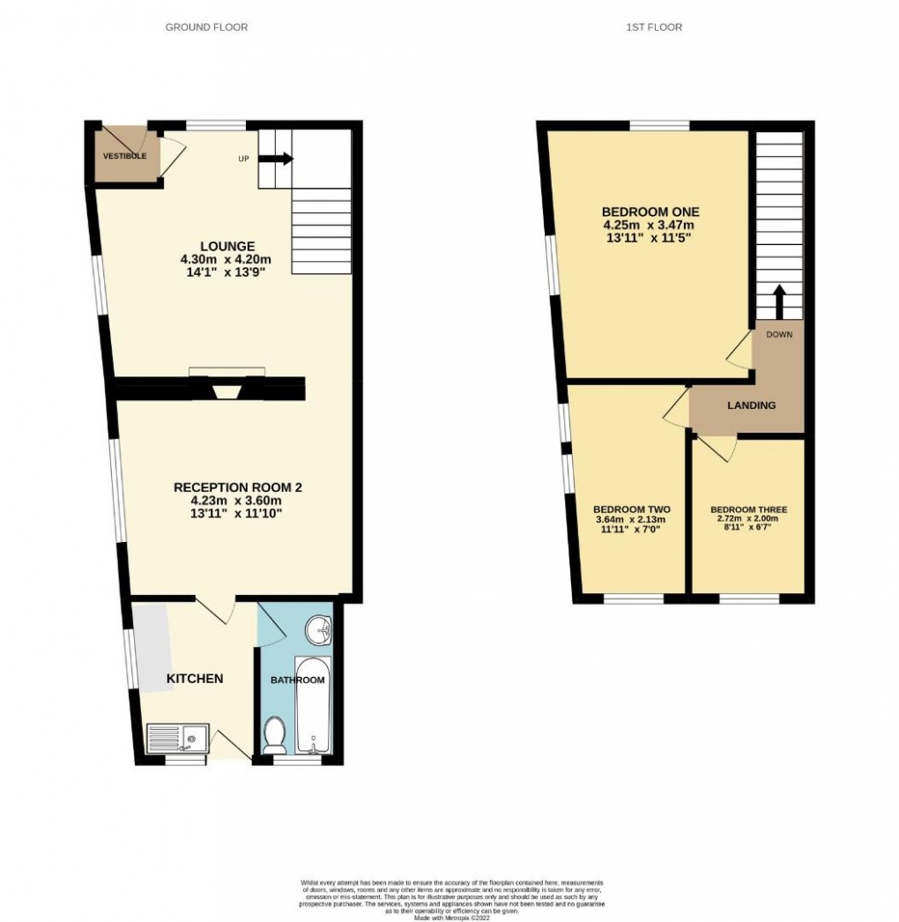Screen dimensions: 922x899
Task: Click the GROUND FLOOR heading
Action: (206, 27)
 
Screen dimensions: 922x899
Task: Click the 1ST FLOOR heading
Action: (654, 27)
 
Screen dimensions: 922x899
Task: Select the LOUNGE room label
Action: (227, 246)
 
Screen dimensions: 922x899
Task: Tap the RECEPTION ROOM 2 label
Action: (237, 487)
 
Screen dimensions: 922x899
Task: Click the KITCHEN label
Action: (195, 679)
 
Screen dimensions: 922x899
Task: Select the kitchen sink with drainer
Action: (178, 736)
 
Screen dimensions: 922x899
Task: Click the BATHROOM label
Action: (297, 680)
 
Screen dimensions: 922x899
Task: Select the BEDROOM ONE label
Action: (650, 212)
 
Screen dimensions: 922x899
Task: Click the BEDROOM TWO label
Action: (632, 509)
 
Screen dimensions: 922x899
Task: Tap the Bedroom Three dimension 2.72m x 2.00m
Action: (748, 520)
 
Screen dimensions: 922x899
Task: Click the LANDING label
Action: (751, 405)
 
